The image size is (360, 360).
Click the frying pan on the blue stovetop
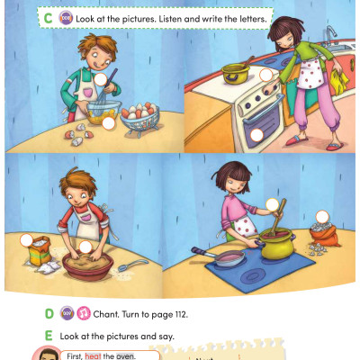[x=227, y=258]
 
